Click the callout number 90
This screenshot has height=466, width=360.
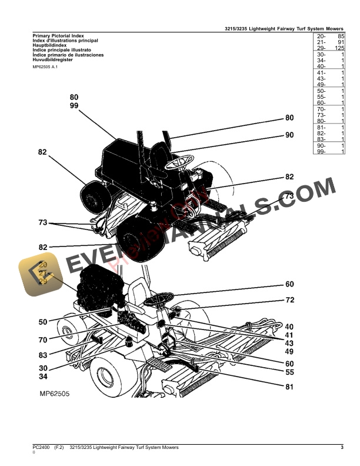[x=289, y=135]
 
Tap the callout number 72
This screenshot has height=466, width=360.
[x=289, y=300]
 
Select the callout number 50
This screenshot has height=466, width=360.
[x=43, y=322]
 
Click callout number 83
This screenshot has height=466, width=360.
[x=43, y=355]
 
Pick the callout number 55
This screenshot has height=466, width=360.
[x=289, y=372]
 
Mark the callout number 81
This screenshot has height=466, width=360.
[x=289, y=387]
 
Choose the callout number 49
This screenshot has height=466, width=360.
[x=289, y=351]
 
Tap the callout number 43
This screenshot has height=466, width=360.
[x=289, y=342]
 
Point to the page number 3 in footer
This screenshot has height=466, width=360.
[x=342, y=449]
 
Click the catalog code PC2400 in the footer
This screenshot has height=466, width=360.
[x=41, y=449]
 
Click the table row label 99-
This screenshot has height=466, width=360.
[x=321, y=152]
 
